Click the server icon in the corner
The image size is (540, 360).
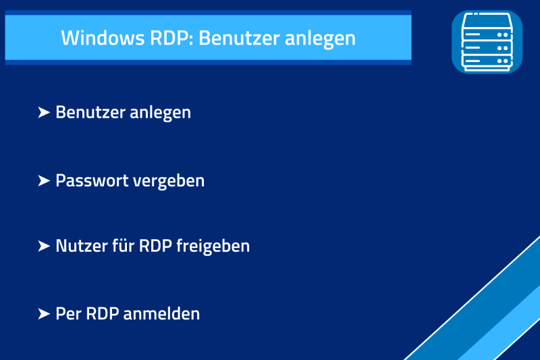[487, 42]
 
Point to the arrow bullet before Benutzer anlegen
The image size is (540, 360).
[44, 112]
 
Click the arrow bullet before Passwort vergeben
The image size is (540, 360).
[44, 181]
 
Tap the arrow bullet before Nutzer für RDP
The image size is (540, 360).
[44, 246]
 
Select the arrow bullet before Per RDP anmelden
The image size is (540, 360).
[44, 314]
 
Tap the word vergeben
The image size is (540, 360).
[169, 182]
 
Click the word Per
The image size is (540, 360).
[68, 314]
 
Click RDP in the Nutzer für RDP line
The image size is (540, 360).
[155, 246]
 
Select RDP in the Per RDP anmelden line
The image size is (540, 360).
[103, 314]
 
